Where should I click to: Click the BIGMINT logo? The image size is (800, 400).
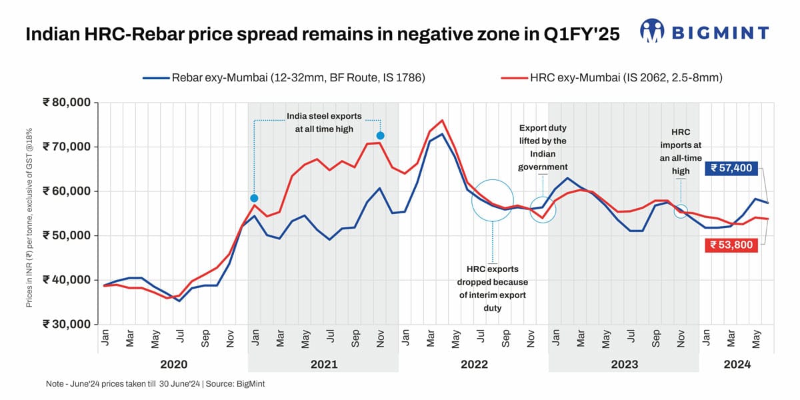coord(705,31)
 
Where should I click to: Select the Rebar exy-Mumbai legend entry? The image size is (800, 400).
coord(283,78)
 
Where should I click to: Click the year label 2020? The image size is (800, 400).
coord(173,364)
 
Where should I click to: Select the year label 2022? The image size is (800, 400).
coord(474,364)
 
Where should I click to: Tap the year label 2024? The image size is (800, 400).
coord(737,364)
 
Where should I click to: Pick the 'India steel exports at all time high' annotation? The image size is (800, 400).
coord(320,122)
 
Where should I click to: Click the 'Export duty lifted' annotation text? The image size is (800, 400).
coord(543,146)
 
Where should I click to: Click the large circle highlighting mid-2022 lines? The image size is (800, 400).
coord(493,201)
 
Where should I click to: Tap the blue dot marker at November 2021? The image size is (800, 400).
coord(380,136)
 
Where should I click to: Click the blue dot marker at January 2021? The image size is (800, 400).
coord(254,199)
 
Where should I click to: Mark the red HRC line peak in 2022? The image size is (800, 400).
coord(442,121)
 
